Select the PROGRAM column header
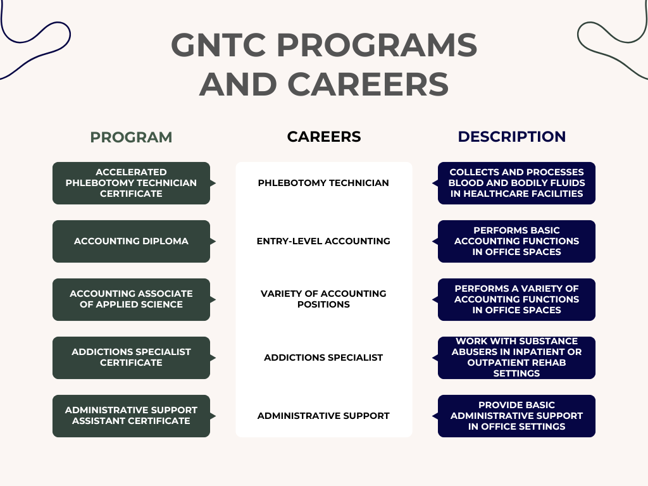click(x=131, y=137)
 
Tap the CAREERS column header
click(x=324, y=137)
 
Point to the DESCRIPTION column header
click(x=512, y=137)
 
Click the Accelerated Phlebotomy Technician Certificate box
click(x=131, y=183)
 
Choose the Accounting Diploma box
click(x=131, y=241)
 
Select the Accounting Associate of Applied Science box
click(x=131, y=299)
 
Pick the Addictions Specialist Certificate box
click(x=131, y=358)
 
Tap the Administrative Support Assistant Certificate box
click(x=131, y=416)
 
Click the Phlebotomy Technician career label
click(x=323, y=183)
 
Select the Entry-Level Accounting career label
click(x=323, y=241)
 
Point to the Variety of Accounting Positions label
click(x=323, y=299)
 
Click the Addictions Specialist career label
click(x=323, y=358)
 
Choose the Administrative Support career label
click(x=323, y=416)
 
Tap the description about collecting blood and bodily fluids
click(x=516, y=183)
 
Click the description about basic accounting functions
click(x=516, y=241)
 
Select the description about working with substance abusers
click(x=516, y=358)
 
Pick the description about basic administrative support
click(x=516, y=416)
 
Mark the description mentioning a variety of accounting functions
click(x=516, y=299)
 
